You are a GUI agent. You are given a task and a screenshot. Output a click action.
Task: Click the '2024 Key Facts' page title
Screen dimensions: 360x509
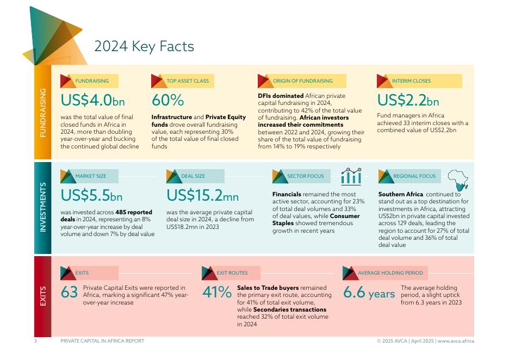pyautogui.click(x=144, y=47)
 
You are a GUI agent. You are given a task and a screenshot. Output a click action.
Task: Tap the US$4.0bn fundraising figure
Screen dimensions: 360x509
pyautogui.click(x=92, y=101)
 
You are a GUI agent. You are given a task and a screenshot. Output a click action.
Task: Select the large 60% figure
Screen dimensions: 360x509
pyautogui.click(x=167, y=101)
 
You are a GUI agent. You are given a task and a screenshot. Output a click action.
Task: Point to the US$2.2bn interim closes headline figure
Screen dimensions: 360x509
pyautogui.click(x=408, y=101)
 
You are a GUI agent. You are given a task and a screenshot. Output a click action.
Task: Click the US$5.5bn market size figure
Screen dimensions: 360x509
pyautogui.click(x=91, y=195)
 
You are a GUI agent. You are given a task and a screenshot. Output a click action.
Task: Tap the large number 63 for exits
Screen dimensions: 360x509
pyautogui.click(x=69, y=293)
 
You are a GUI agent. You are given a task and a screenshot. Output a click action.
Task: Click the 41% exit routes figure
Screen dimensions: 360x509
pyautogui.click(x=217, y=293)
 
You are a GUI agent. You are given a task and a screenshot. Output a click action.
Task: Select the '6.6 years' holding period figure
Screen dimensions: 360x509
pyautogui.click(x=369, y=293)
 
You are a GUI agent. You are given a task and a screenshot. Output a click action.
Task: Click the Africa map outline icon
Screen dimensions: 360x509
pyautogui.click(x=458, y=178)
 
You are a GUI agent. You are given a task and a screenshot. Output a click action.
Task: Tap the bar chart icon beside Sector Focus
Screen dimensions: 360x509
pyautogui.click(x=351, y=176)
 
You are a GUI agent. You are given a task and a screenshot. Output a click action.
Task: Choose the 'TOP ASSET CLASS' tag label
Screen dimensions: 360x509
pyautogui.click(x=188, y=81)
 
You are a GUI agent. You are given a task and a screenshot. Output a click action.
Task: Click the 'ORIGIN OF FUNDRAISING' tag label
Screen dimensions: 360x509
pyautogui.click(x=302, y=81)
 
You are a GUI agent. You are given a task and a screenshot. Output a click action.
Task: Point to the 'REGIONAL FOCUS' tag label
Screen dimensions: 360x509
pyautogui.click(x=414, y=176)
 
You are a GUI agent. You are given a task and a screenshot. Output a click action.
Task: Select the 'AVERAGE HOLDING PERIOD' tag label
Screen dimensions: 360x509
pyautogui.click(x=390, y=273)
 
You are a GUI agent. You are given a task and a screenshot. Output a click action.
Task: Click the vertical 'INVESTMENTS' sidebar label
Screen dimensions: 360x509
pyautogui.click(x=43, y=208)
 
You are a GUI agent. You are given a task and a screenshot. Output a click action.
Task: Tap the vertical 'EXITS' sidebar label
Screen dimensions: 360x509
pyautogui.click(x=43, y=296)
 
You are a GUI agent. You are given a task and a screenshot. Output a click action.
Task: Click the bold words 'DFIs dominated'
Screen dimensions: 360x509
pyautogui.click(x=281, y=96)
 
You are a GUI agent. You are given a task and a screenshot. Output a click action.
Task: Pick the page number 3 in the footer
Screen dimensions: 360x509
pyautogui.click(x=35, y=341)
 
